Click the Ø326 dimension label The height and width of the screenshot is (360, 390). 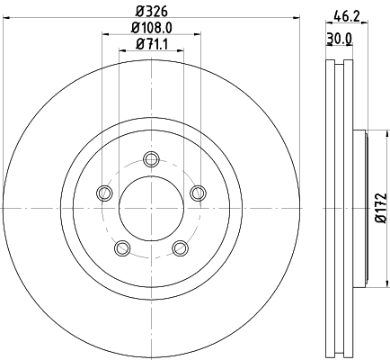[151, 12]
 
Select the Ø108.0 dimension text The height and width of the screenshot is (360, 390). [151, 28]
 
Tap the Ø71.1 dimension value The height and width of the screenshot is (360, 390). [151, 44]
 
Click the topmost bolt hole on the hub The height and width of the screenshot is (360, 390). [151, 160]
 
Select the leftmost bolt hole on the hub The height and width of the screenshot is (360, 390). [105, 193]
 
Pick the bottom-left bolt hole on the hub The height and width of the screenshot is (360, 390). [123, 247]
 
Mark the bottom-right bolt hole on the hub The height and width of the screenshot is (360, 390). [179, 247]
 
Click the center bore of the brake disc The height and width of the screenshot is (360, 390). [151, 208]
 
